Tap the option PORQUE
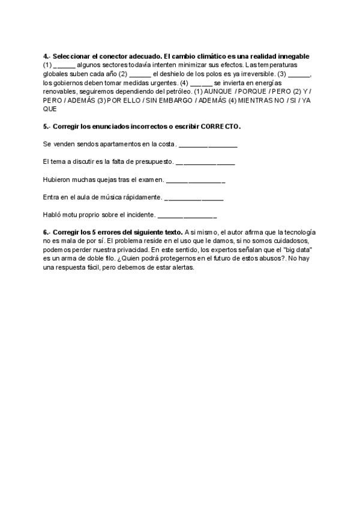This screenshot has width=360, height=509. (x=252, y=91)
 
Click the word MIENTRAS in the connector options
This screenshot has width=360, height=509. (x=256, y=100)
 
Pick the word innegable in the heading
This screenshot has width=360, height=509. (x=294, y=56)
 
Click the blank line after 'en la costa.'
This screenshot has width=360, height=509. (x=208, y=145)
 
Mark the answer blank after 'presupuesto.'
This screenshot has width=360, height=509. (x=205, y=162)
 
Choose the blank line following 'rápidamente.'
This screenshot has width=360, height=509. (x=193, y=197)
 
